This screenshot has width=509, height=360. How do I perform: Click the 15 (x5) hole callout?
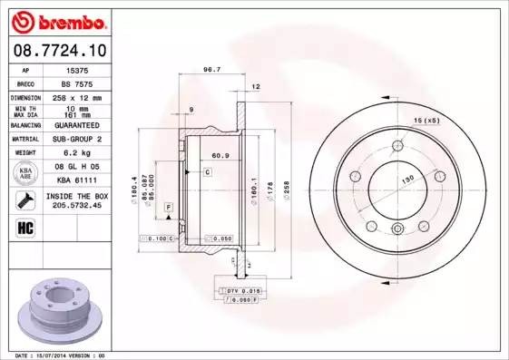click(426, 121)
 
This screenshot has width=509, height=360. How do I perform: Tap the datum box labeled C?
click(208, 170)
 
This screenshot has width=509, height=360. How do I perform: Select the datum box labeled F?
click(169, 208)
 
